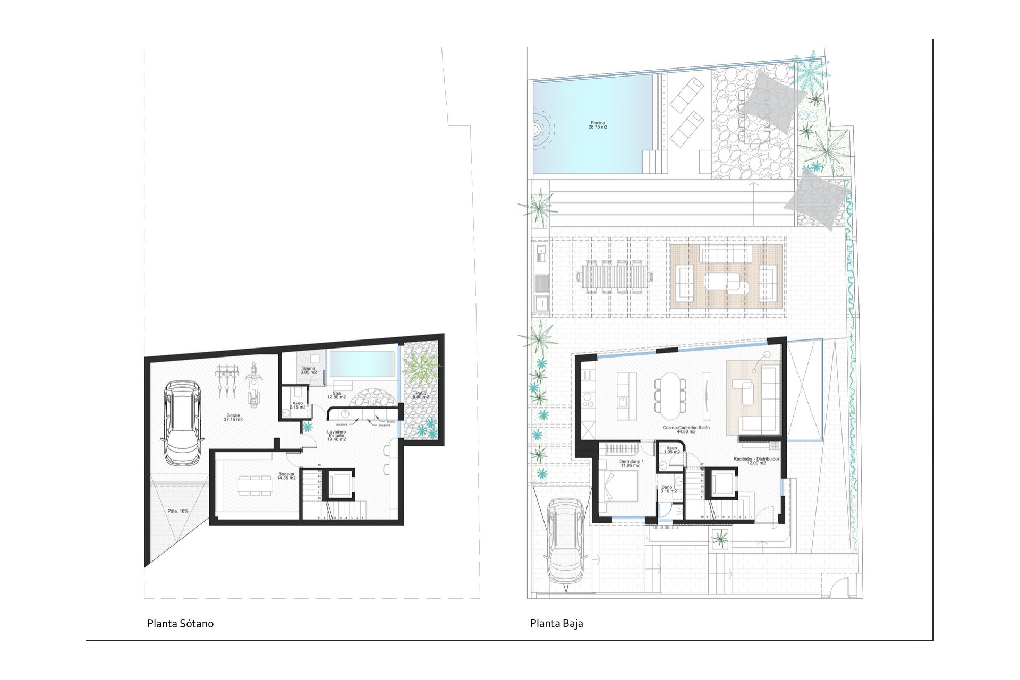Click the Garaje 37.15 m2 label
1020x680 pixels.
click(234, 418)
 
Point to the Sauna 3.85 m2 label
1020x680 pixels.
click(309, 370)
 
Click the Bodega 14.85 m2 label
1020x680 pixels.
click(286, 476)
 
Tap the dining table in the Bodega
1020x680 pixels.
click(253, 485)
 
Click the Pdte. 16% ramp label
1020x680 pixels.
click(177, 511)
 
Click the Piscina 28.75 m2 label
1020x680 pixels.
click(597, 125)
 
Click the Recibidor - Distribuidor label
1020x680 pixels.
click(756, 461)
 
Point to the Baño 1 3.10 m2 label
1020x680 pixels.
click(668, 489)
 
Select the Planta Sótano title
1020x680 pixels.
click(181, 624)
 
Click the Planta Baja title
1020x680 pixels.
click(556, 624)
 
